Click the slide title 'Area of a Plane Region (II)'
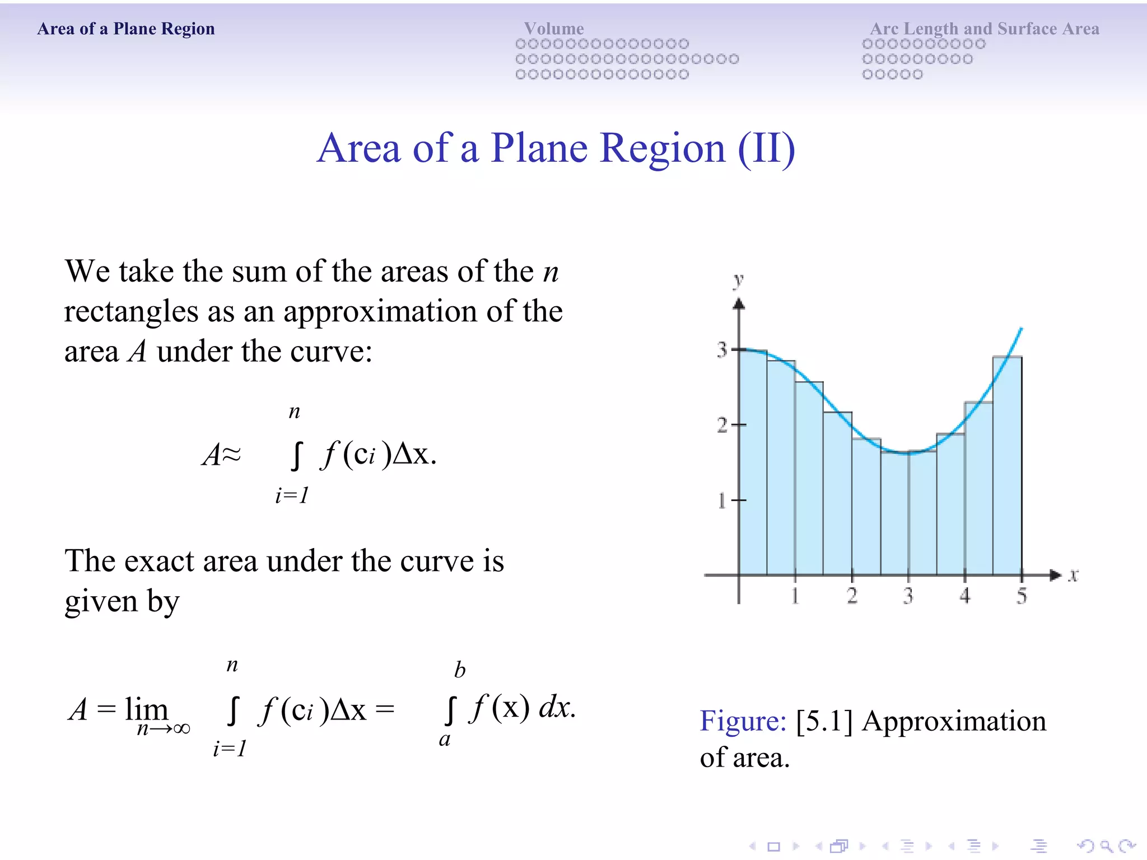556,149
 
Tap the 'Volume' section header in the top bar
554,29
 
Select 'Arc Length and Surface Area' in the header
984,29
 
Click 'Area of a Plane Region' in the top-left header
126,29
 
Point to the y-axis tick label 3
722,350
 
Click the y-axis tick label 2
722,425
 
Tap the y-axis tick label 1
722,500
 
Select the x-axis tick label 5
1022,596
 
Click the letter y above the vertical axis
739,279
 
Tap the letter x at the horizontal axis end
1073,575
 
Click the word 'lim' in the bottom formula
146,709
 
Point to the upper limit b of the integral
460,670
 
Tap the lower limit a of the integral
445,740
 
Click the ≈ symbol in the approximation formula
230,454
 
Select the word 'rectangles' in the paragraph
131,312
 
